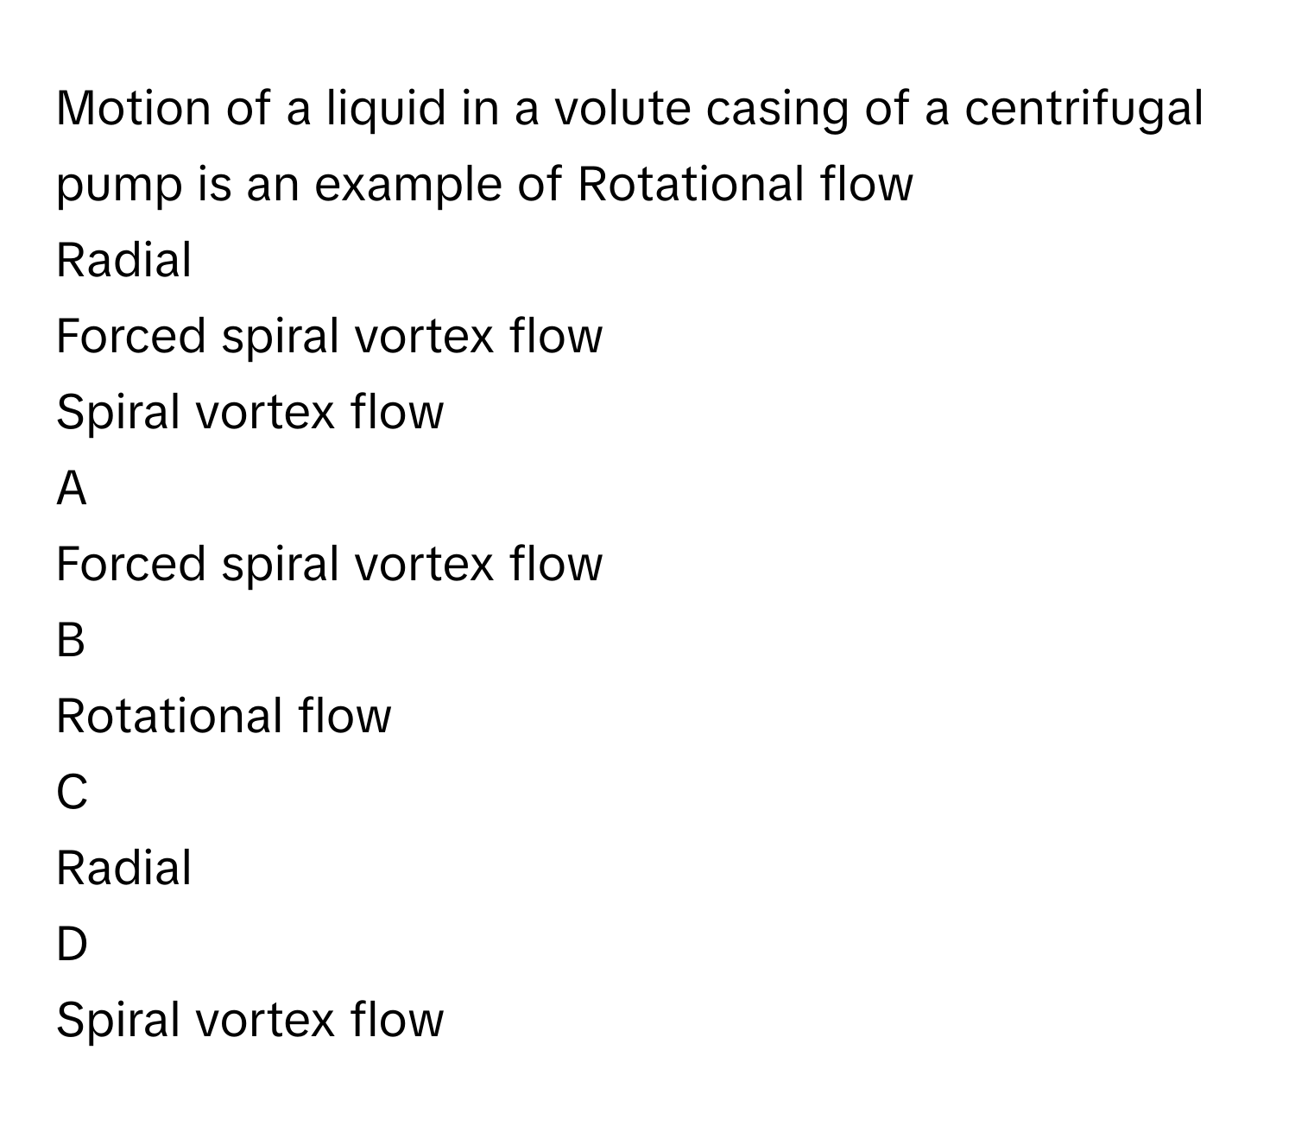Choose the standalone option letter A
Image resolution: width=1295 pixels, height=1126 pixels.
pos(72,489)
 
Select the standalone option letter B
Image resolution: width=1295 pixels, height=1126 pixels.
pos(71,641)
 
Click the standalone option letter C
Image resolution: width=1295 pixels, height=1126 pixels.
pos(72,793)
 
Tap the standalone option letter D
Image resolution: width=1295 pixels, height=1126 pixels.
pos(72,945)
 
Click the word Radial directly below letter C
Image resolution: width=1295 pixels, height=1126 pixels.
pos(123,868)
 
